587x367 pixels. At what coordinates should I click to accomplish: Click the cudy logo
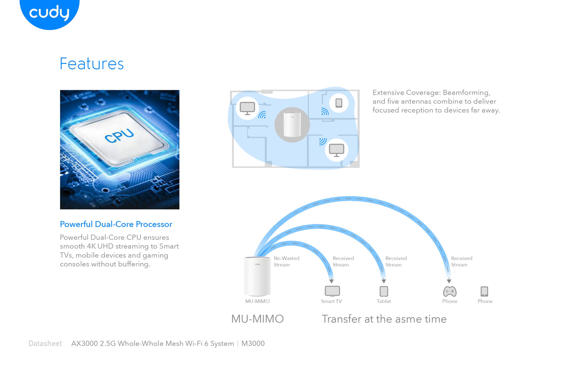point(49,13)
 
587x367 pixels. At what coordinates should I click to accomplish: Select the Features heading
point(92,64)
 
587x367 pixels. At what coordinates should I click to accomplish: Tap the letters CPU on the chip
point(119,136)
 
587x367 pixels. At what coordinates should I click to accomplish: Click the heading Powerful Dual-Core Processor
point(116,224)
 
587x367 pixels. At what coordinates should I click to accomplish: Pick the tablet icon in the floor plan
point(339,103)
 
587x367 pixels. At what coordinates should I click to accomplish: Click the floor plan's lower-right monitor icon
point(336,150)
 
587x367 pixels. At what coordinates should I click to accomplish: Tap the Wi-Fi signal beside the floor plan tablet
point(325,111)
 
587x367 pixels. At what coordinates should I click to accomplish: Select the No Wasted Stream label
point(286,261)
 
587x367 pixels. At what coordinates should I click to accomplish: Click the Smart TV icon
point(332,291)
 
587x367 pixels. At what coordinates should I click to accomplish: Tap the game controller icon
point(450,291)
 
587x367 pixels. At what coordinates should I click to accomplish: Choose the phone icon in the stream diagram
point(484,291)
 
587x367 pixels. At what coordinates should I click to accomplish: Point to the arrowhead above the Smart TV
point(331,281)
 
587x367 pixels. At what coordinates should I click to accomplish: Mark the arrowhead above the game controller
point(449,281)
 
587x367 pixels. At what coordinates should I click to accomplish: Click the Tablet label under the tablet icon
point(383,302)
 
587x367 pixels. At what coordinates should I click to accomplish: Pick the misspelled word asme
point(408,319)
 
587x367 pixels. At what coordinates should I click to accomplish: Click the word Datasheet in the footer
point(45,343)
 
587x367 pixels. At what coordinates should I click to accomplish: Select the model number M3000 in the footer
point(253,343)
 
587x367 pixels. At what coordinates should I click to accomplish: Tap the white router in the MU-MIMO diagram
point(257,276)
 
